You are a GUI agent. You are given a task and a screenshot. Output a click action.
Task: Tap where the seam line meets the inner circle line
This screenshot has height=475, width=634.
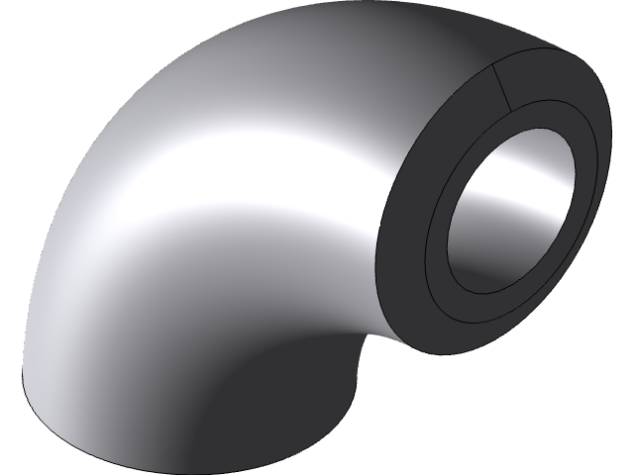point(511,106)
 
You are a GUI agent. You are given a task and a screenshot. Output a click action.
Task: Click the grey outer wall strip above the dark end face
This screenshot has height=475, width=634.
point(535,49)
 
